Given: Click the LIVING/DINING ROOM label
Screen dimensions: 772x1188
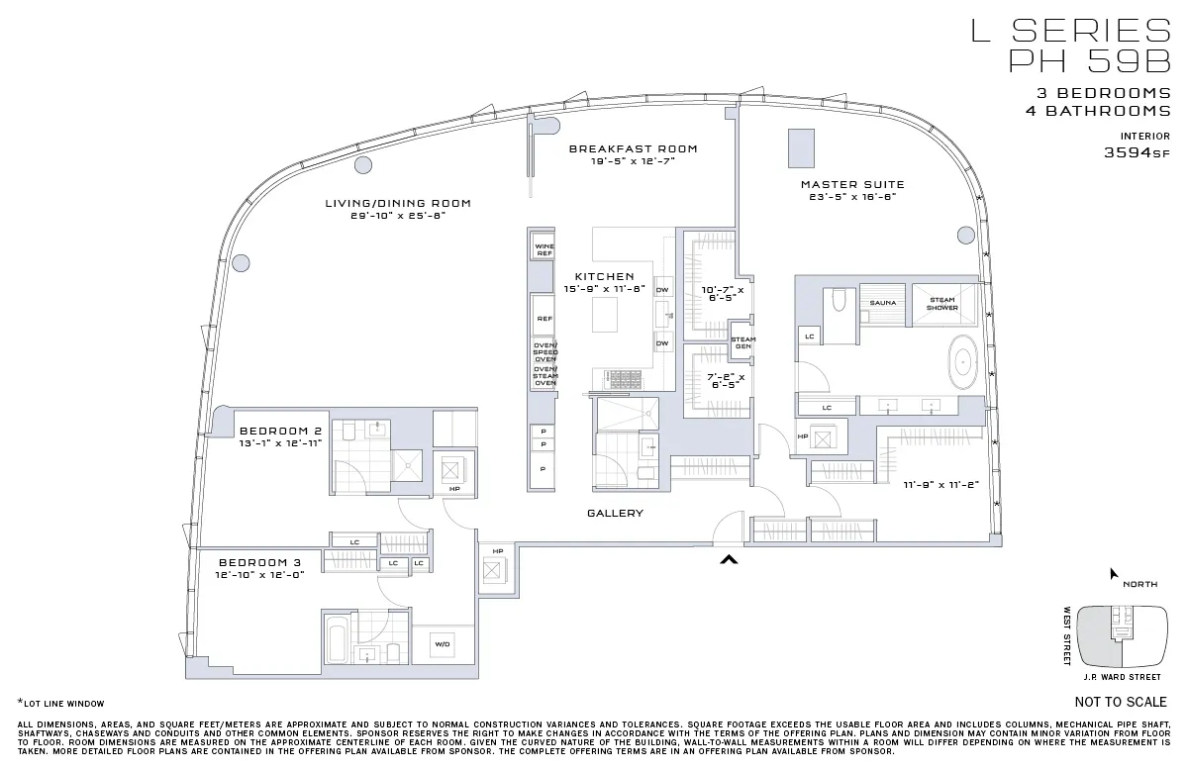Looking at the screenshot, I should coord(398,203).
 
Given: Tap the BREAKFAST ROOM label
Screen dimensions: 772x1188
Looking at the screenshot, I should coord(633,148).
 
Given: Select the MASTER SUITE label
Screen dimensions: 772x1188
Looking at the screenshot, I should coord(852,184).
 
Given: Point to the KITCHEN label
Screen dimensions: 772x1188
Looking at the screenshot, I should coord(604,276).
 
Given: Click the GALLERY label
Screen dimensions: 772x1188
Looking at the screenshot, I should coord(615,513).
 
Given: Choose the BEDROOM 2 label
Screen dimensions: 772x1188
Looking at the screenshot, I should coord(280,431).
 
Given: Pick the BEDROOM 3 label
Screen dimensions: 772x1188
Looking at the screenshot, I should coord(260,560).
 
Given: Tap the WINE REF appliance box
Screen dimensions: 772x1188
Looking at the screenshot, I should coord(544,249).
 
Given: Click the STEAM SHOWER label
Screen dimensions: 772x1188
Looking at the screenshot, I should coord(941,303).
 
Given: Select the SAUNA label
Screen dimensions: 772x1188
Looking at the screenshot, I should coord(883,303).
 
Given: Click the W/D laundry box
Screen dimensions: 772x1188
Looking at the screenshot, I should coord(442,645).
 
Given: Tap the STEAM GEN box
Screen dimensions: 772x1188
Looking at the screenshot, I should coord(742,343).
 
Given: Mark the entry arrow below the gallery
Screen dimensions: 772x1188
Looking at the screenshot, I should coord(729,561).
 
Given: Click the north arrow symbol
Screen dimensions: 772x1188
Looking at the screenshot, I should coord(1114,573).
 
